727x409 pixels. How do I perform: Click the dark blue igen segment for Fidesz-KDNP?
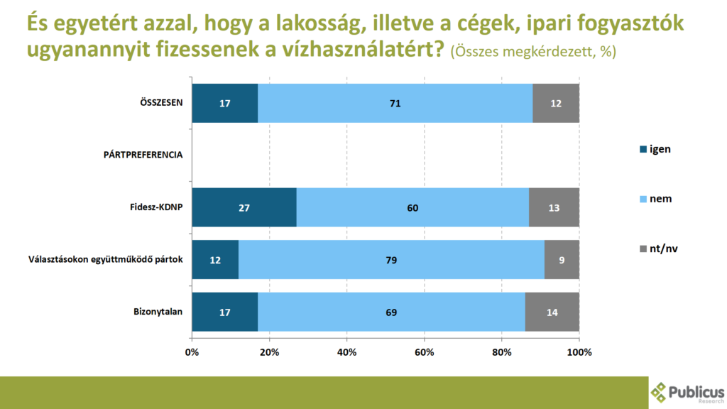coord(244,207)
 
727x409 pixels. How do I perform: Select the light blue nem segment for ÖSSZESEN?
coord(395,103)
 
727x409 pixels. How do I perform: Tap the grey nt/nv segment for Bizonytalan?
coord(552,312)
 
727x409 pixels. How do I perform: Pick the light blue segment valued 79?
coord(391,260)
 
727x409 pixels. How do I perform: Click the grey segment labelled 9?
coord(562,260)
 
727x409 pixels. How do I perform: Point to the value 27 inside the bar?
coord(244,207)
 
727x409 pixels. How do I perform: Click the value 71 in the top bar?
coord(395,103)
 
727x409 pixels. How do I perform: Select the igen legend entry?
coord(655,149)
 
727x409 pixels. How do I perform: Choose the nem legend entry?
coord(655,199)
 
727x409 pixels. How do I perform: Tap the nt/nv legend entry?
coord(657,248)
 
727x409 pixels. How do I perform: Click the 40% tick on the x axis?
coord(346,352)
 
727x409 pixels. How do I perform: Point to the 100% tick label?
coord(579,352)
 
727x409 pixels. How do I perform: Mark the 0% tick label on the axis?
coord(192,352)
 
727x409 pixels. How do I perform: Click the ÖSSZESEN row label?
coord(161,102)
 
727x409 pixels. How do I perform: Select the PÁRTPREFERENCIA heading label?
coord(143,155)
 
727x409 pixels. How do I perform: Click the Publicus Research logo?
coord(687,392)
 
